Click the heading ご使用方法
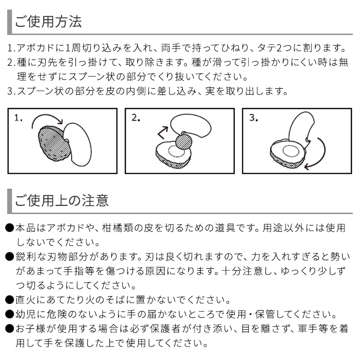tap(48, 22)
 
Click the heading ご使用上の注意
tap(61, 201)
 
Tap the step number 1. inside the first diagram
tap(18, 118)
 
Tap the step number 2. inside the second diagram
tap(136, 118)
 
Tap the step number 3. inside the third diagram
tap(253, 118)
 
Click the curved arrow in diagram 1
tap(46, 116)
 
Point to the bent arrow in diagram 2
tap(162, 133)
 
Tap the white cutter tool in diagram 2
tap(191, 125)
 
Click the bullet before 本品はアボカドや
tap(10, 228)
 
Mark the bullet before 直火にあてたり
tap(10, 300)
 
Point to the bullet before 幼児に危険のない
tap(10, 314)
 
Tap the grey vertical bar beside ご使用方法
tap(10, 22)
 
